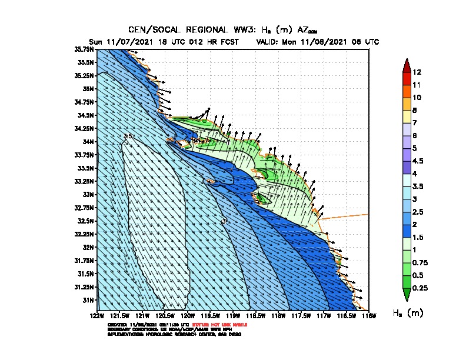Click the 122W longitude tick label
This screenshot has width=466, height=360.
point(97,316)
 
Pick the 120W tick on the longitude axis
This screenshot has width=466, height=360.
point(188,316)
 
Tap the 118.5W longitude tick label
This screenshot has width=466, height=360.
point(255,316)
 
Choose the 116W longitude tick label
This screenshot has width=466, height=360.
point(368,316)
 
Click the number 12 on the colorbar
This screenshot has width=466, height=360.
point(417,72)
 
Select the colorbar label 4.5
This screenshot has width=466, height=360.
point(418,161)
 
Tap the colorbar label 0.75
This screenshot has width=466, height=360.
point(421,262)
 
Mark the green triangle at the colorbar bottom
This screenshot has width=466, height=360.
point(405,294)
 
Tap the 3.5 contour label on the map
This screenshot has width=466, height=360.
point(128,136)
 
